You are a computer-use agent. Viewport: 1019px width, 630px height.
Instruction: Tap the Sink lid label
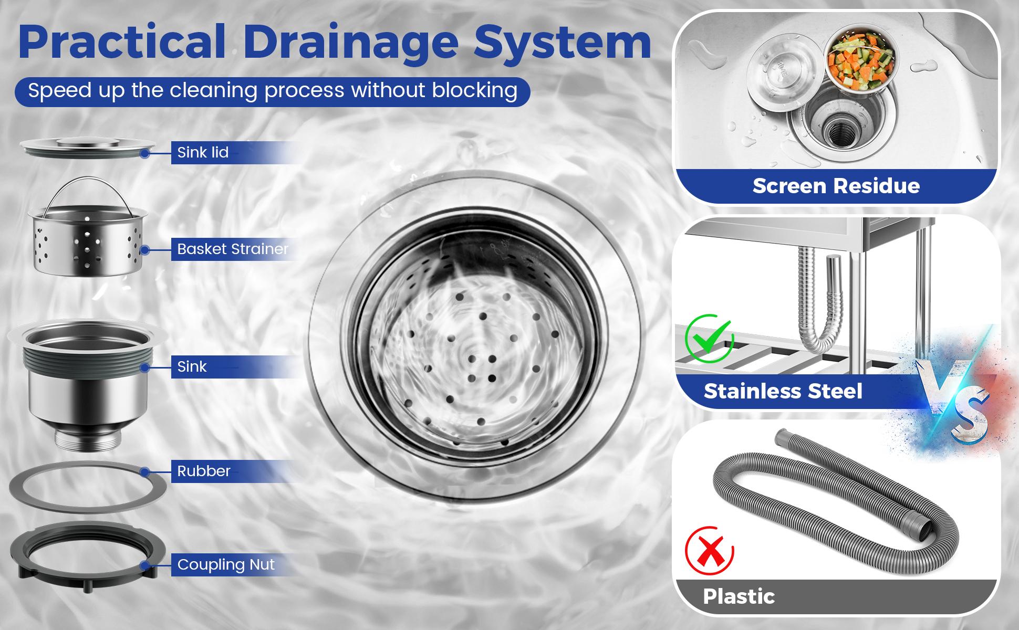click(203, 152)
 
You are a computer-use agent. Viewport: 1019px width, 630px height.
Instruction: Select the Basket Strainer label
click(233, 249)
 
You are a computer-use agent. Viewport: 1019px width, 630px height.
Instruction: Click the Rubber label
click(204, 471)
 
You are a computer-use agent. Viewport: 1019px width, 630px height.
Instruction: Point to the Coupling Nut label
click(226, 564)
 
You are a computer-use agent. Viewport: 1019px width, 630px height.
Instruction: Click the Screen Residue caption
click(836, 186)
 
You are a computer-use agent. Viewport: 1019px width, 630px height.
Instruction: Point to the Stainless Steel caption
click(783, 391)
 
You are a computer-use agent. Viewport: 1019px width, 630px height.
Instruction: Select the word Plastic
click(739, 596)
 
